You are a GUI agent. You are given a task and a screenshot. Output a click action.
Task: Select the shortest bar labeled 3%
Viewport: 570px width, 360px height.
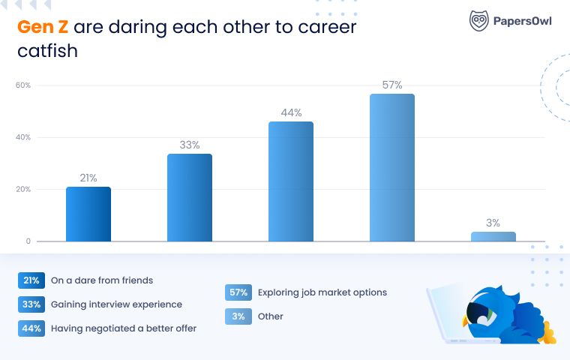click(493, 237)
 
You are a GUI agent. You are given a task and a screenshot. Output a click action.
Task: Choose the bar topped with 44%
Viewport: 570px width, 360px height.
click(291, 181)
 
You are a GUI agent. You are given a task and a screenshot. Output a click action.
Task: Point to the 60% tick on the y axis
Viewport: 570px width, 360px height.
click(23, 85)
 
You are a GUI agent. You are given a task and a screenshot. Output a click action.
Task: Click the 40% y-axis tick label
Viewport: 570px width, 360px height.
click(23, 137)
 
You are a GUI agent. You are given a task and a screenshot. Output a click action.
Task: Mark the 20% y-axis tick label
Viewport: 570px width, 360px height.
click(23, 189)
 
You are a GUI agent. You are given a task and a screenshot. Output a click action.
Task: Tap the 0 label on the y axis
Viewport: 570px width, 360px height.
click(28, 241)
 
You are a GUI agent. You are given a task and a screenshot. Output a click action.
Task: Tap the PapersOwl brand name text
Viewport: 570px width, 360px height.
click(523, 21)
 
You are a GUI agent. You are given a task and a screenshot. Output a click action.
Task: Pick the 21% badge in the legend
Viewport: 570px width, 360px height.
click(31, 280)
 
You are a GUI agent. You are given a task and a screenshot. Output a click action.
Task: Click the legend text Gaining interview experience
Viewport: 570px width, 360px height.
click(116, 304)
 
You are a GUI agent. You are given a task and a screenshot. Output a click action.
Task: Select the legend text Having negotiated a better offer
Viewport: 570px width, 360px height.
click(124, 328)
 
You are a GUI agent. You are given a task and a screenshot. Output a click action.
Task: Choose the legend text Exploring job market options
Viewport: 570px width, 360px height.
click(322, 292)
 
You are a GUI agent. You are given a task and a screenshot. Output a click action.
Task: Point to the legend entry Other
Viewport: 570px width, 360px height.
click(270, 316)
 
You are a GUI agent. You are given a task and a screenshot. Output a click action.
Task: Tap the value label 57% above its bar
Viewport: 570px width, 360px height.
click(392, 85)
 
